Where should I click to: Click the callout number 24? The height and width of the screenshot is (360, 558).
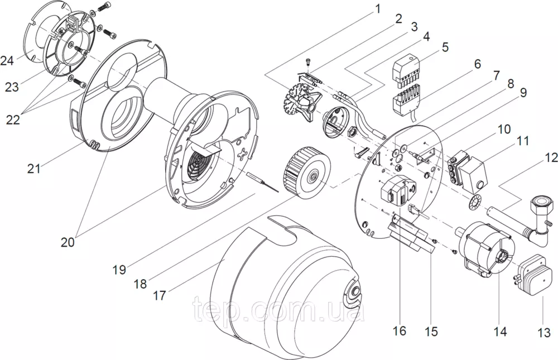click(x=8, y=60)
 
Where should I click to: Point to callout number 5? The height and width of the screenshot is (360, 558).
click(x=445, y=46)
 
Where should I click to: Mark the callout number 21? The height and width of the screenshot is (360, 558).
click(x=34, y=167)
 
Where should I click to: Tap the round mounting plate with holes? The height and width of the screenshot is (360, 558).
click(x=399, y=181)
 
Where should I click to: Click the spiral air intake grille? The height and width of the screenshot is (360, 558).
click(x=198, y=164)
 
